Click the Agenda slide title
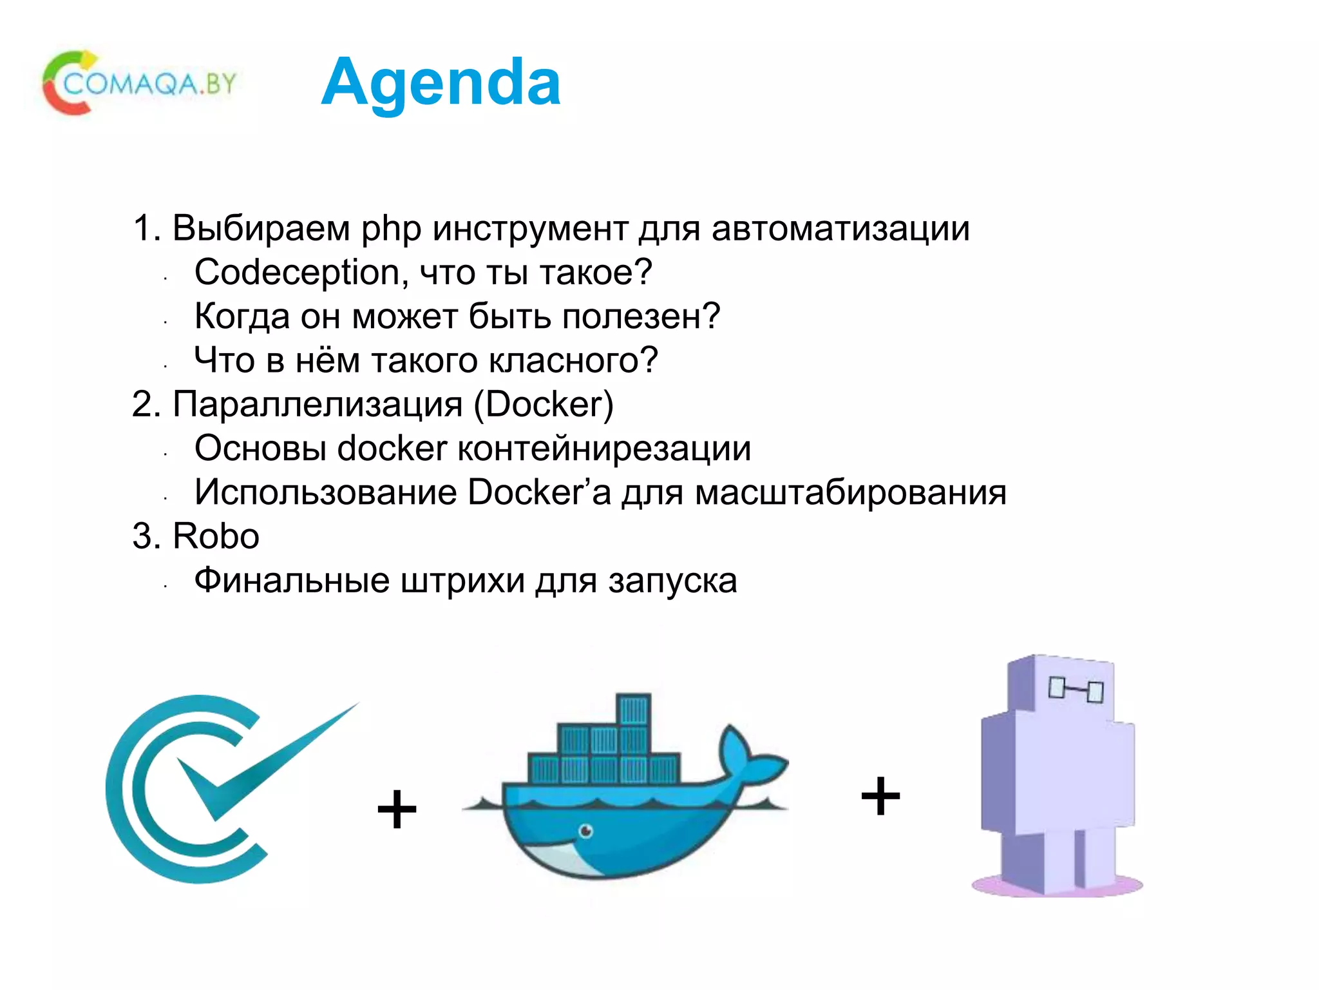tap(441, 82)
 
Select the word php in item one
tap(391, 229)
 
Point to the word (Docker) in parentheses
tap(544, 405)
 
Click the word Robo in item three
tap(216, 536)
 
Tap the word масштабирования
tap(851, 493)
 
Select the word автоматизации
tap(840, 229)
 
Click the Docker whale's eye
tap(585, 831)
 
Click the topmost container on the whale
tap(633, 710)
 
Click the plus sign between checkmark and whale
tap(397, 810)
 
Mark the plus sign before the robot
tap(880, 796)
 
